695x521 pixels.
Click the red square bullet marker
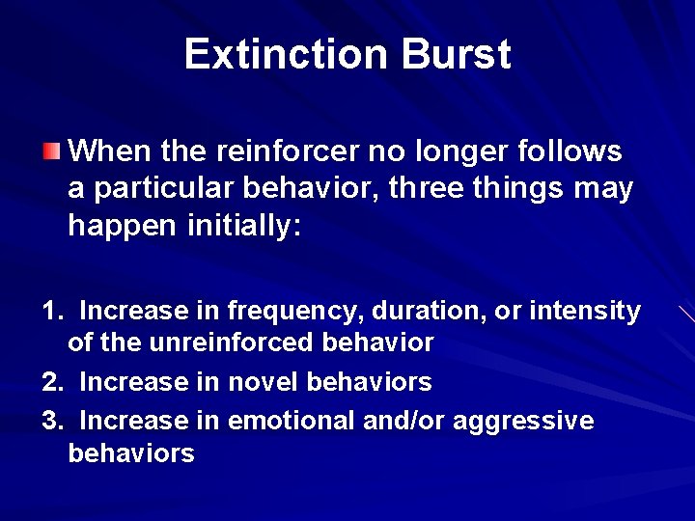click(51, 151)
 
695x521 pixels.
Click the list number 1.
click(51, 312)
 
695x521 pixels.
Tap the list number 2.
click(51, 382)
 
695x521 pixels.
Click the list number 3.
click(51, 422)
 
